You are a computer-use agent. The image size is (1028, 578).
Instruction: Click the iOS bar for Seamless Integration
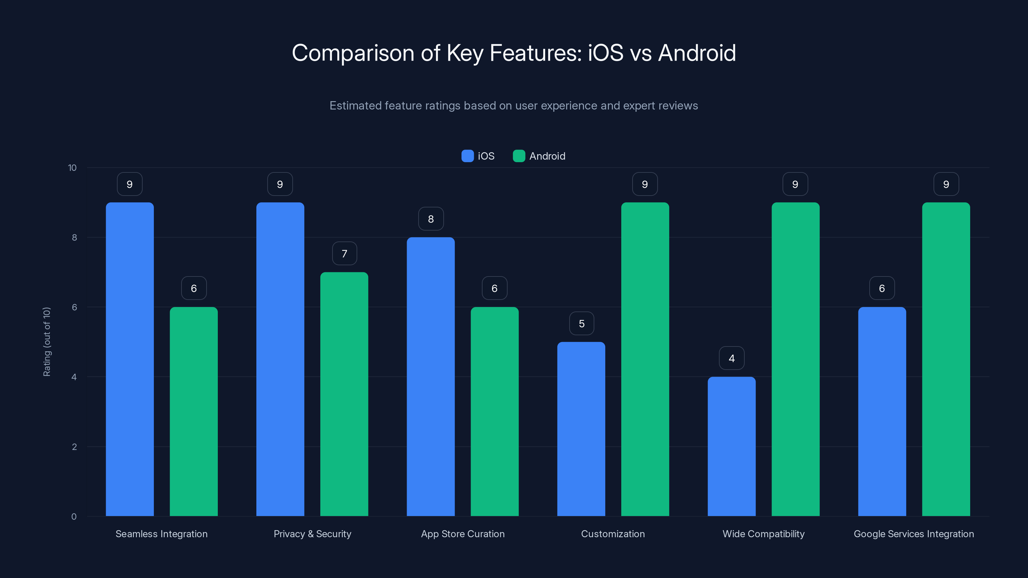click(130, 359)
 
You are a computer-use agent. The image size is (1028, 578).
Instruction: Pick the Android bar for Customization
click(645, 359)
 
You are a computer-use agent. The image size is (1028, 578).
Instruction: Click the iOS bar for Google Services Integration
click(882, 411)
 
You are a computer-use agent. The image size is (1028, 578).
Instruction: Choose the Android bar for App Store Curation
click(494, 411)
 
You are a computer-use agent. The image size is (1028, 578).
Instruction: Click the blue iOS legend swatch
click(467, 156)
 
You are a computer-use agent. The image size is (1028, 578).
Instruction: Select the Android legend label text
click(547, 156)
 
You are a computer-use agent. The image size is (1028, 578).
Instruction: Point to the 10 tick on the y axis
click(72, 168)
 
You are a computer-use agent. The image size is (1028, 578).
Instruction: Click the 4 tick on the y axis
click(74, 377)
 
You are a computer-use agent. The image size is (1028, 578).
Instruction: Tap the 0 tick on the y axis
click(74, 517)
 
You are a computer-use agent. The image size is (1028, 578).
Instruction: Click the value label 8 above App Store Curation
click(430, 219)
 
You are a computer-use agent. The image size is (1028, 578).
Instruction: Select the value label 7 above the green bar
click(344, 253)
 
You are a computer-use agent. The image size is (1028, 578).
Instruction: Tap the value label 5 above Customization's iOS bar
click(581, 323)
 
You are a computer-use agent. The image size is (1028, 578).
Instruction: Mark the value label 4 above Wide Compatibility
click(731, 358)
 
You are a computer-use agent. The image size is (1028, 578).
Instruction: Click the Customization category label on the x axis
click(613, 534)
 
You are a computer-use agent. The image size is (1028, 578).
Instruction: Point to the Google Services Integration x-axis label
click(913, 534)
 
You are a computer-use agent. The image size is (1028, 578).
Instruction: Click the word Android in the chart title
click(697, 53)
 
